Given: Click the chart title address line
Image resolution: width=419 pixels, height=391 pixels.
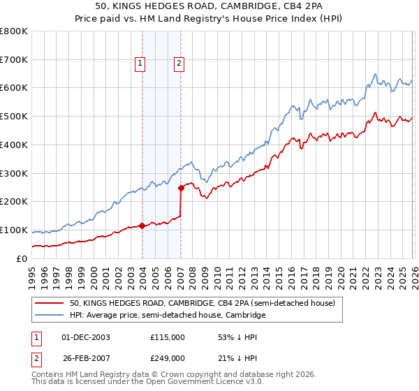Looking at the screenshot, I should [x=209, y=6].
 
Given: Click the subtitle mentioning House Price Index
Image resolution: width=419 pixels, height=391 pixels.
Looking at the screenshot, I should [x=209, y=18].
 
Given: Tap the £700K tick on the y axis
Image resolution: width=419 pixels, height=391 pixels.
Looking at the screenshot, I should [x=14, y=60].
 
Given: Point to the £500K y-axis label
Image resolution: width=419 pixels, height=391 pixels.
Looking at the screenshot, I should [x=14, y=117].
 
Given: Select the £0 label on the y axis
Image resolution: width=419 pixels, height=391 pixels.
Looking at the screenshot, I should [x=21, y=258].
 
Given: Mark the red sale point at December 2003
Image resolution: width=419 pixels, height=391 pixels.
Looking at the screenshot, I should [x=142, y=226].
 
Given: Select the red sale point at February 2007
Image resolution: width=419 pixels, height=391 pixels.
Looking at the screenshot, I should [x=181, y=187].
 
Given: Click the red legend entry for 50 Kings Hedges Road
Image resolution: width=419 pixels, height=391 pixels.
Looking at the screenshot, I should [x=203, y=303].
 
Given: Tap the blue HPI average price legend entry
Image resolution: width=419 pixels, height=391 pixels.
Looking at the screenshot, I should [x=168, y=315].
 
